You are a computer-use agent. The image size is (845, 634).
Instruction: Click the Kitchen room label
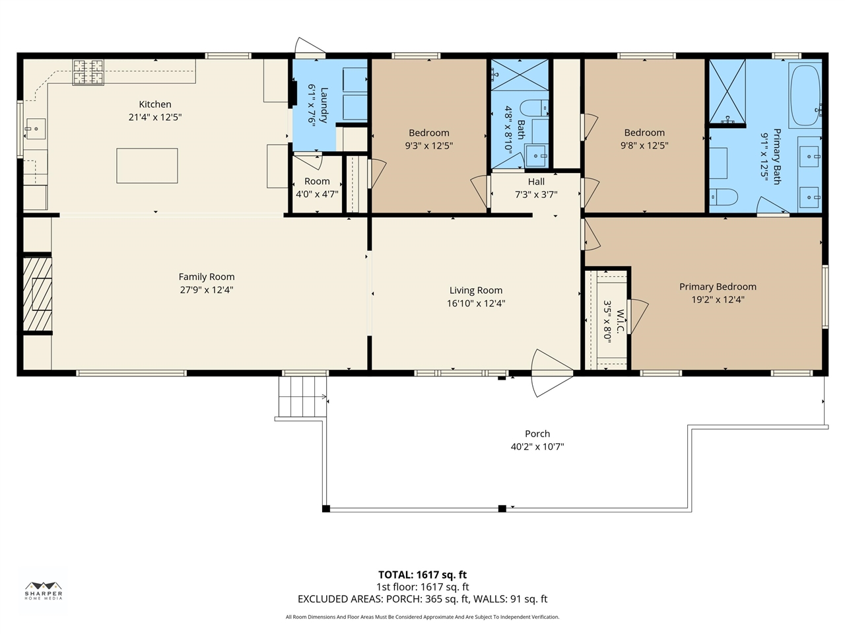coord(155,104)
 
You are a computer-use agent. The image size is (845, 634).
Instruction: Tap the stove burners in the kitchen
coord(88,72)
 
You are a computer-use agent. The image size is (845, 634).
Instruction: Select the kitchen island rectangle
coord(147,166)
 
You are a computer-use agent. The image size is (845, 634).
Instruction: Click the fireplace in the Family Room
coord(38,293)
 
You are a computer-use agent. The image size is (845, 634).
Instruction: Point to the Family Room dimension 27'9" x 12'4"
coord(207,290)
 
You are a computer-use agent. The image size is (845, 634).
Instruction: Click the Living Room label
coord(475,291)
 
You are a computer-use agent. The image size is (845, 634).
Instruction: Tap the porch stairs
coord(302,396)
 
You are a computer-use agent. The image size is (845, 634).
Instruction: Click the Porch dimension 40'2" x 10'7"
coord(537,447)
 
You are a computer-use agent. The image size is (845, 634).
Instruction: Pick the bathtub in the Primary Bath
coord(805,96)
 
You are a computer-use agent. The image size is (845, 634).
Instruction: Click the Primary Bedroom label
coord(718,287)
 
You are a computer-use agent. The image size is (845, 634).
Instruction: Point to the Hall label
coord(536,182)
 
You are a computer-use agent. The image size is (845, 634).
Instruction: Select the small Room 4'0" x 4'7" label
coord(317,182)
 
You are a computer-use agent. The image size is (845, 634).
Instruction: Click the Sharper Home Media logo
coord(44,590)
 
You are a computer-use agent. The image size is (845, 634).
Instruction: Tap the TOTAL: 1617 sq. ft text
coord(422,575)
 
